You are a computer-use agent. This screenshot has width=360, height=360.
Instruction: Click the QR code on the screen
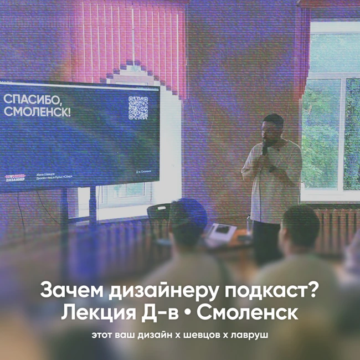pyautogui.click(x=138, y=108)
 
